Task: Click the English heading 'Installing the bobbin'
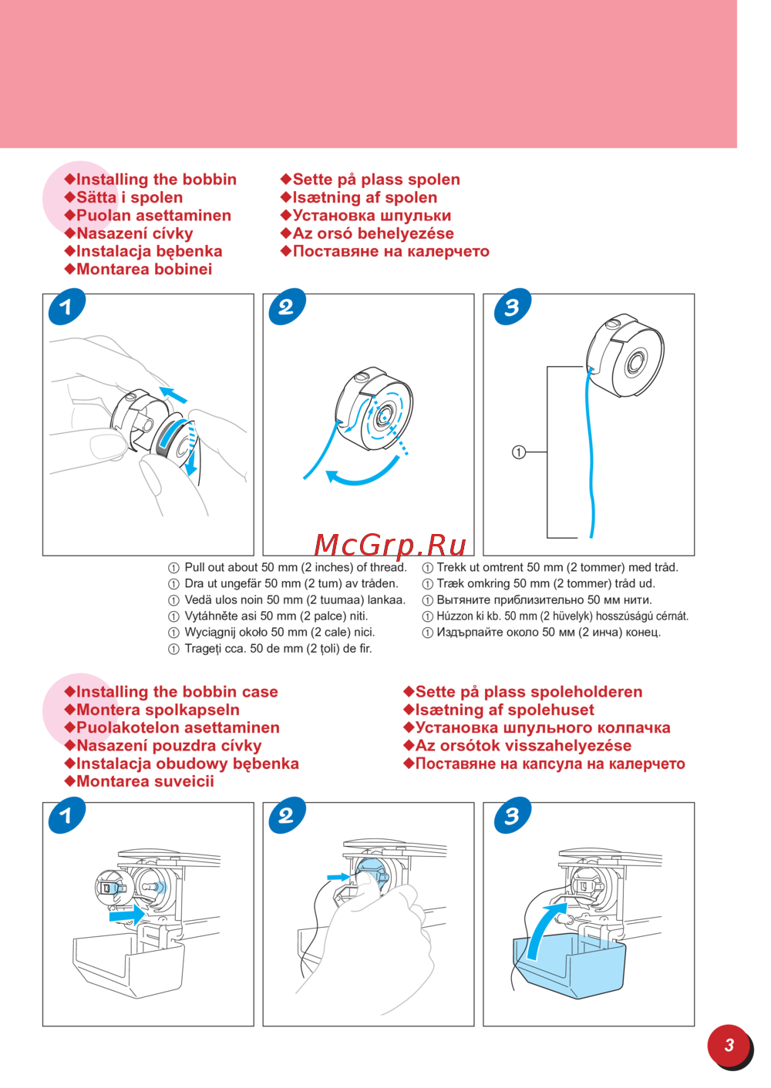point(157,180)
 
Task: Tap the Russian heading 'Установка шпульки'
point(372,215)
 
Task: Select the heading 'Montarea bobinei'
point(144,269)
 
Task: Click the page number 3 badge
point(729,1046)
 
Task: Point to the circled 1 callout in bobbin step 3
point(519,452)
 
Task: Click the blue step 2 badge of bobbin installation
point(287,307)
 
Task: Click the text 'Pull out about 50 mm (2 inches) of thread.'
point(295,567)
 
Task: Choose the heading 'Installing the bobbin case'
point(177,692)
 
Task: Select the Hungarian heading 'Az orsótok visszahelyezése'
point(523,746)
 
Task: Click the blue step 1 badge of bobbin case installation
point(67,815)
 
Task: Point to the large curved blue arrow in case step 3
point(545,930)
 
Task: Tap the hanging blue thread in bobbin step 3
point(591,452)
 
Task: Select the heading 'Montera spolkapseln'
point(158,710)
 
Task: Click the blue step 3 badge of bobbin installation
point(513,307)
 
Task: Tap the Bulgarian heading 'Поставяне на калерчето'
point(391,251)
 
